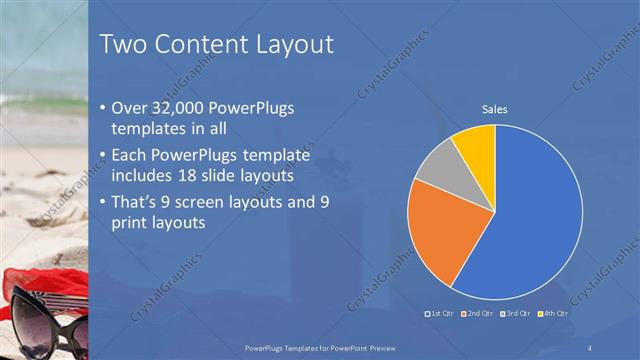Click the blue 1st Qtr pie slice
[530, 220]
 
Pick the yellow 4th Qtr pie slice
[475, 148]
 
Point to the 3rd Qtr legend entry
[517, 313]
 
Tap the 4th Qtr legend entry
[555, 313]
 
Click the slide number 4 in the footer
[591, 347]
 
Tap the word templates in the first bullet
[149, 129]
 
